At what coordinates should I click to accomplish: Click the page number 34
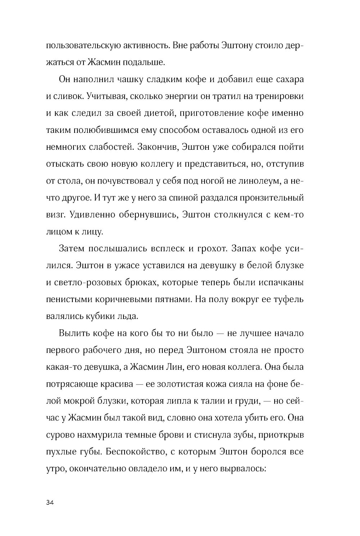50,503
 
